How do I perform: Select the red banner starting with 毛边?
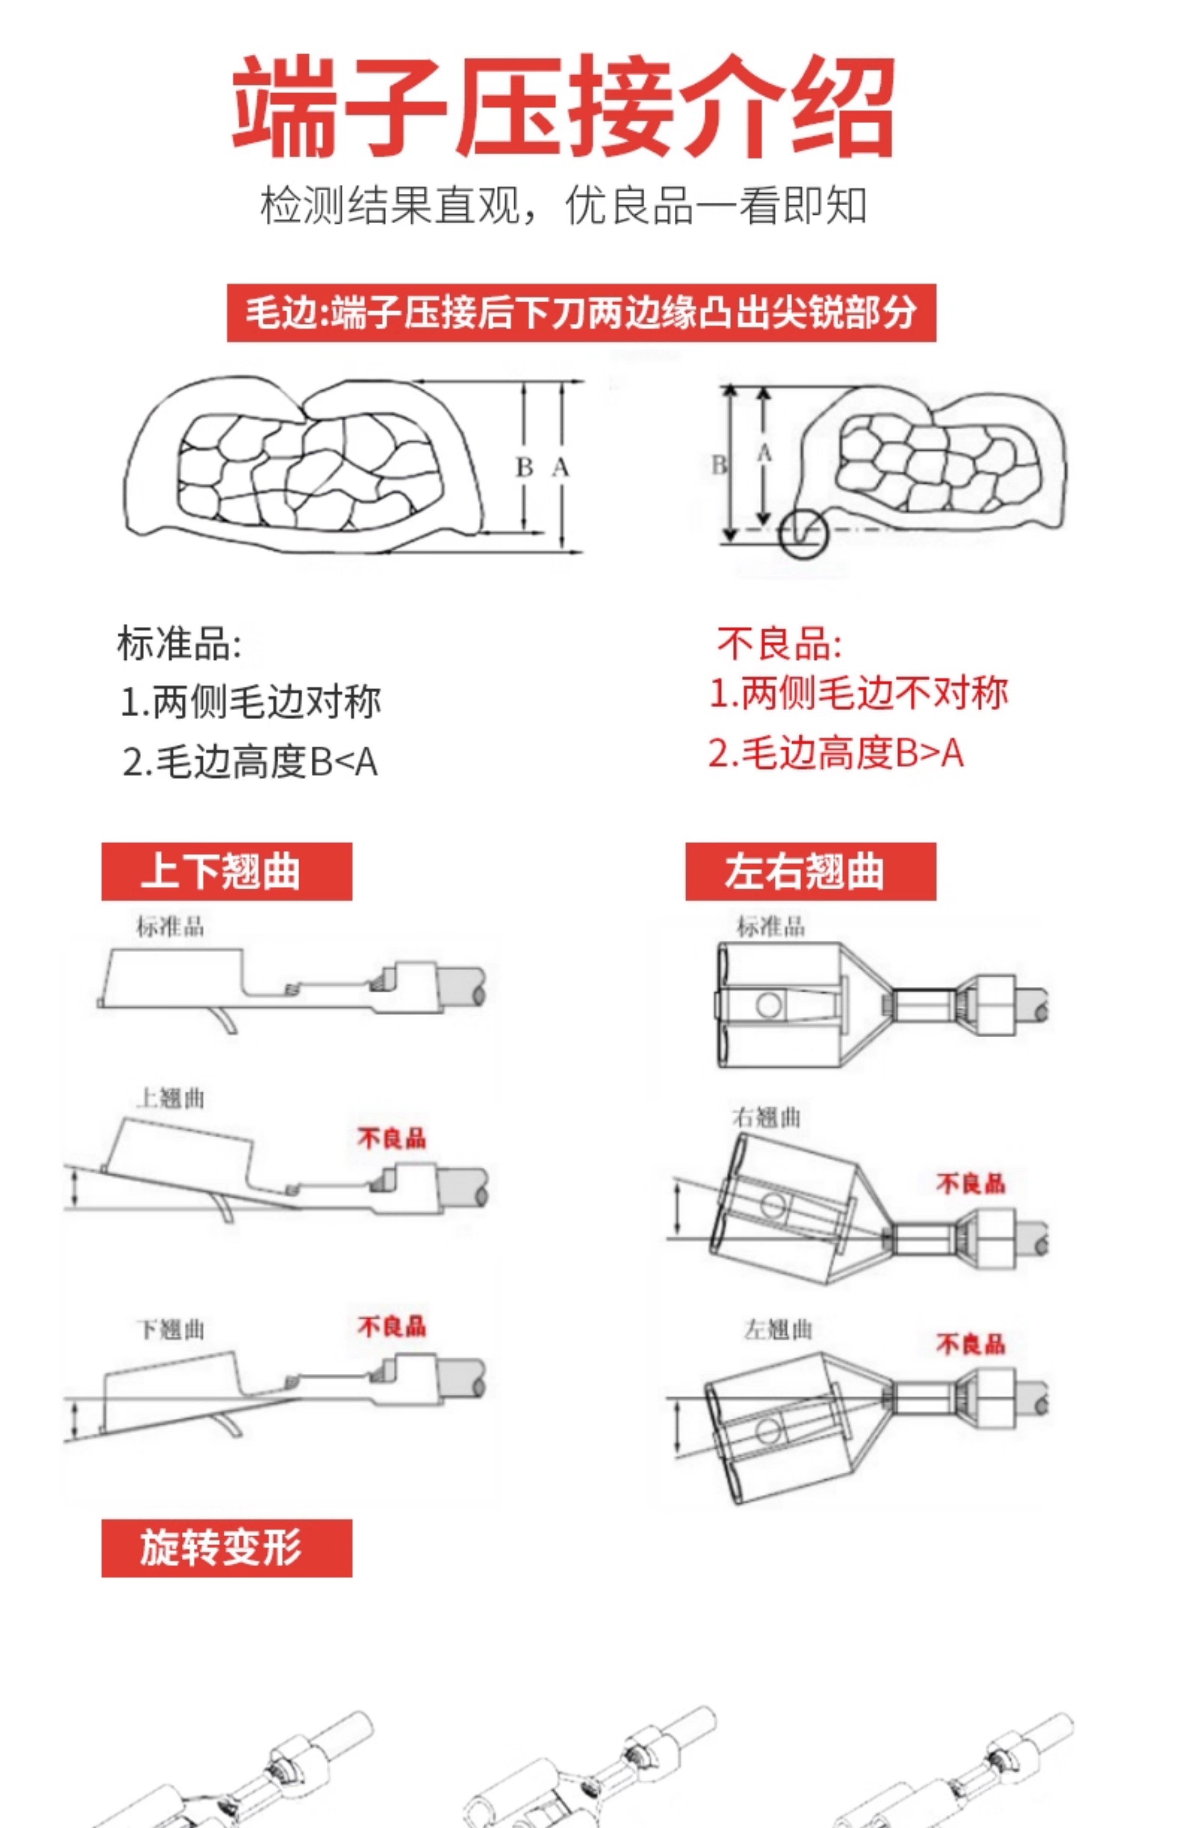pos(581,313)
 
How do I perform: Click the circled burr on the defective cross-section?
pos(804,534)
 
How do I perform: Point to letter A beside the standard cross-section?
pos(561,467)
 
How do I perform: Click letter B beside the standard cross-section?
pos(524,467)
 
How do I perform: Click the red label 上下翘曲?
pos(226,872)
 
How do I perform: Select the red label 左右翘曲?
pos(810,872)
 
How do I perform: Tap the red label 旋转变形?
pos(226,1548)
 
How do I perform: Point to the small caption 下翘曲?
pos(171,1330)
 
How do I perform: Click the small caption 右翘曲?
pos(766,1117)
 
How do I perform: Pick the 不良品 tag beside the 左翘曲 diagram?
pos(970,1343)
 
